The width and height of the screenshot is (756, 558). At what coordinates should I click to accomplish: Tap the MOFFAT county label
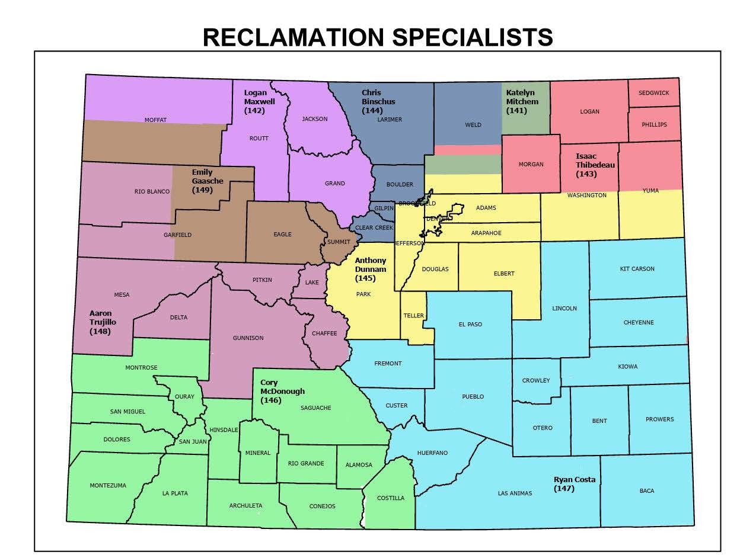(155, 120)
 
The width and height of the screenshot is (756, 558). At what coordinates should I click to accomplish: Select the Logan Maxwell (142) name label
(260, 101)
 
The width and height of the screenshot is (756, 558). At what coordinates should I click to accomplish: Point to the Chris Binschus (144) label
(378, 101)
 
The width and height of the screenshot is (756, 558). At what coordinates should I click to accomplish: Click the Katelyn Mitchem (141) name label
(522, 101)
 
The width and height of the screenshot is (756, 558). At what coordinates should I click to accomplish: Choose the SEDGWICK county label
(653, 93)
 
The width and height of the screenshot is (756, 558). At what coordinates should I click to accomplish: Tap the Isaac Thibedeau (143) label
(595, 165)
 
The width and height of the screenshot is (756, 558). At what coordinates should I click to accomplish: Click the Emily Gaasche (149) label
(208, 181)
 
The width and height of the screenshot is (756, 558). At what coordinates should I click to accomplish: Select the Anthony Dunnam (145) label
(371, 269)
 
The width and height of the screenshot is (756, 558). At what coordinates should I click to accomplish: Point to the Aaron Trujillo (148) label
(103, 322)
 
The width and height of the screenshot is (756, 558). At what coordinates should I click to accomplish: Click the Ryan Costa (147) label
(574, 484)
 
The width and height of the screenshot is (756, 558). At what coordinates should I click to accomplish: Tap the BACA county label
(647, 491)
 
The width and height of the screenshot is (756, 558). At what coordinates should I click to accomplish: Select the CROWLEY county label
(536, 380)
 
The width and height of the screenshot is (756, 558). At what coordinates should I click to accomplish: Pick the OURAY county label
(184, 397)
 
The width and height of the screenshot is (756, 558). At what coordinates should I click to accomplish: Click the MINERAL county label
(258, 453)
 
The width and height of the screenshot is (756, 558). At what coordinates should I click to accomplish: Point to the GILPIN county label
(384, 209)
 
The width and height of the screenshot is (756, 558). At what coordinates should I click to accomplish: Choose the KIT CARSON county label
(637, 269)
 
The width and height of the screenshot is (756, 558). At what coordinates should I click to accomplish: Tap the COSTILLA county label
(391, 498)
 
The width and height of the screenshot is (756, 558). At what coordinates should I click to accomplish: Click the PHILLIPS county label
(654, 124)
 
